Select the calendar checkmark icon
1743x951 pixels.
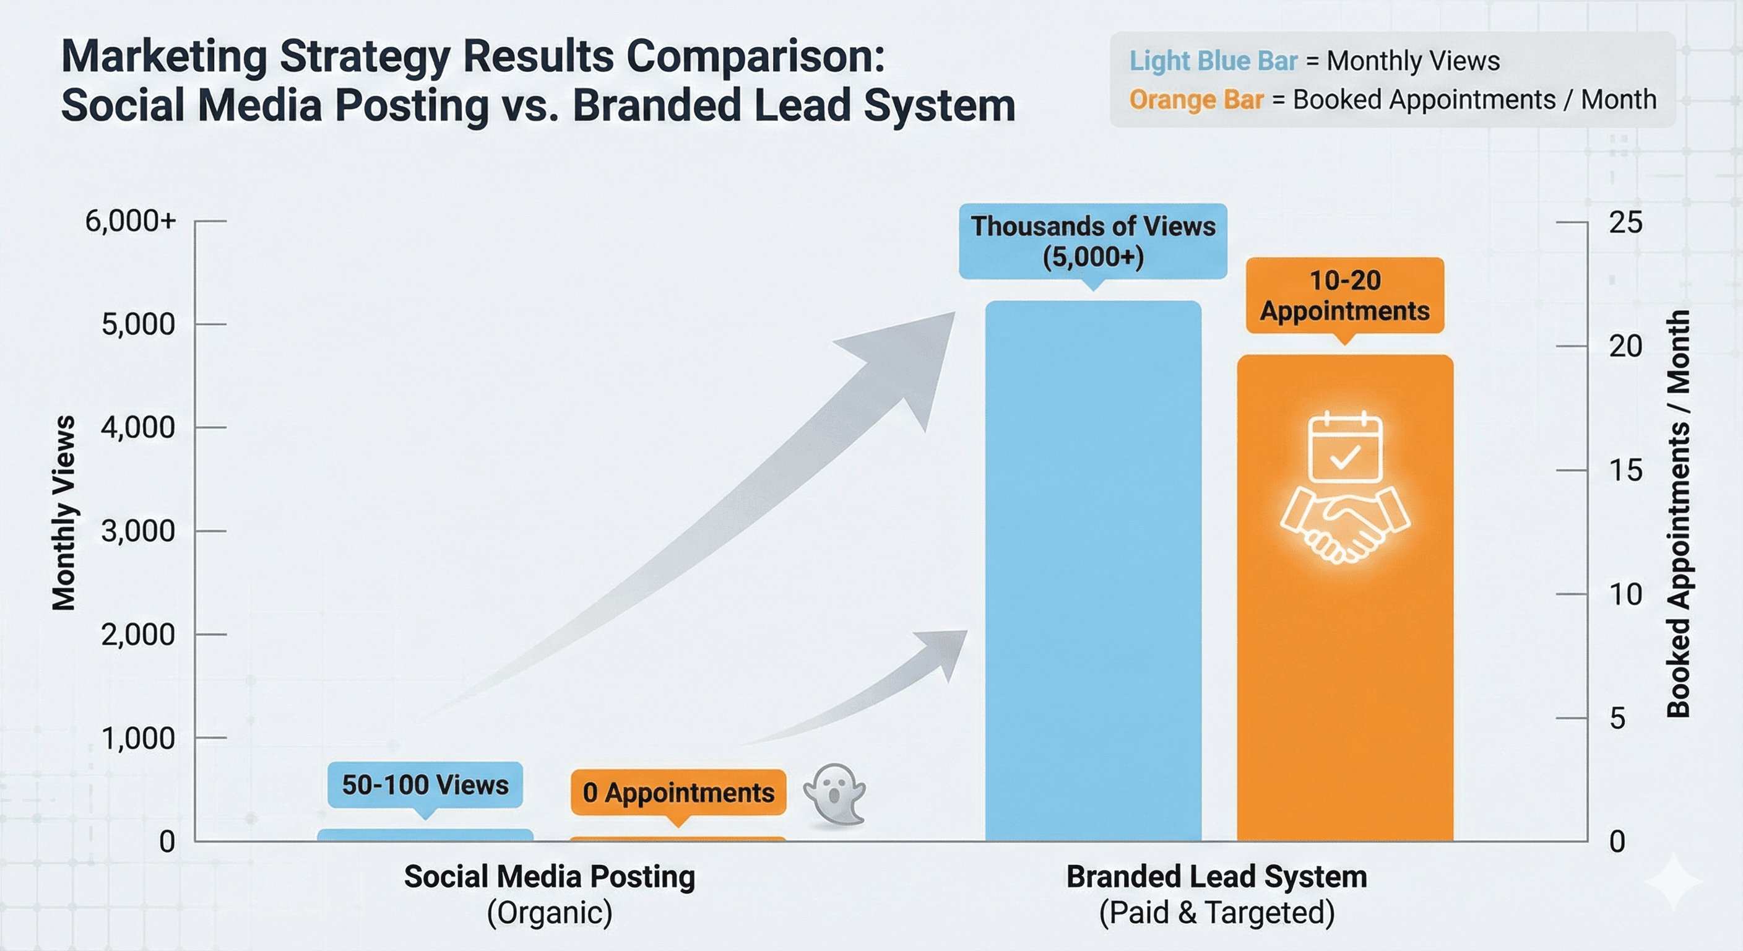(1345, 448)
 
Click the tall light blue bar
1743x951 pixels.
(1092, 575)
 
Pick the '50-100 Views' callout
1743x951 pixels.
(425, 785)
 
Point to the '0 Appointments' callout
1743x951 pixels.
(678, 792)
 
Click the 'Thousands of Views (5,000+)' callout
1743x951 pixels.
(1092, 241)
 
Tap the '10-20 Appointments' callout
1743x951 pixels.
(1345, 296)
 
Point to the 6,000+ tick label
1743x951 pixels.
(131, 221)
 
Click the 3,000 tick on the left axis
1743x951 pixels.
(139, 531)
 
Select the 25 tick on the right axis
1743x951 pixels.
(1625, 223)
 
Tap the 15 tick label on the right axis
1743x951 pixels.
(1625, 471)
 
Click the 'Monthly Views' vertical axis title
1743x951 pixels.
(64, 513)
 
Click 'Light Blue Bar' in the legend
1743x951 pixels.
(1213, 61)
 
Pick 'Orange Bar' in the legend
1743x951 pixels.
(1196, 100)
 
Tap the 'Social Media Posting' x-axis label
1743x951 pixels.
(550, 877)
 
